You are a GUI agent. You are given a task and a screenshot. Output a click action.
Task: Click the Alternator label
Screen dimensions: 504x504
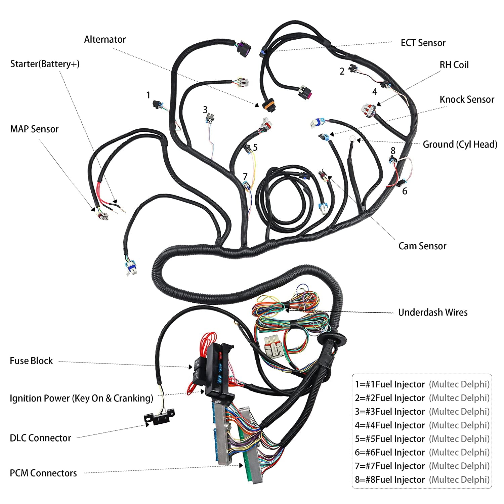tap(105, 40)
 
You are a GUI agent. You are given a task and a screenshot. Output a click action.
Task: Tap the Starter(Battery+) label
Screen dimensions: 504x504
tap(45, 64)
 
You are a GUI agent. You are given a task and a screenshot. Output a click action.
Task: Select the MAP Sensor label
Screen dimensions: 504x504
tap(34, 129)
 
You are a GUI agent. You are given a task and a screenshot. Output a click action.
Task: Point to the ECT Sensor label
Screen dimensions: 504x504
tap(423, 43)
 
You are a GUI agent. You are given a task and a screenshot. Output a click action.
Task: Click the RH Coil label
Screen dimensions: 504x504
tap(454, 65)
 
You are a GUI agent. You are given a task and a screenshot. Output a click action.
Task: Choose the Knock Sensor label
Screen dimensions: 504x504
tap(467, 99)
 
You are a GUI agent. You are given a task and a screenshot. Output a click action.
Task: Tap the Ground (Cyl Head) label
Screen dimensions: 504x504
tap(460, 144)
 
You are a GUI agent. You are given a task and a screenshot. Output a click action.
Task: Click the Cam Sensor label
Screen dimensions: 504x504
tap(422, 246)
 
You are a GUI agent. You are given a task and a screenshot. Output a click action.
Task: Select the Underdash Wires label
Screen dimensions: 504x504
tap(433, 312)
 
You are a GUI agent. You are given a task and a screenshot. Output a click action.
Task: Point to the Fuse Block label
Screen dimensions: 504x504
tap(31, 361)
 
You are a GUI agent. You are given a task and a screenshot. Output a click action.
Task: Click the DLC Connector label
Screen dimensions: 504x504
tap(40, 438)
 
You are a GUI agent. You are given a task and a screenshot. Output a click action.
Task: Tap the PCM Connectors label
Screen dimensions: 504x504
tap(43, 473)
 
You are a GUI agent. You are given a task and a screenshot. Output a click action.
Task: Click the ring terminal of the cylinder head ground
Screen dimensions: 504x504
tap(352, 138)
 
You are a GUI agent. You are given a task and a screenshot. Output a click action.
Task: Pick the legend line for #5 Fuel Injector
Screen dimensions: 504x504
tap(422, 439)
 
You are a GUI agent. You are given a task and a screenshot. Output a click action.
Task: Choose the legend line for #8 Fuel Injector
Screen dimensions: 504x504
tap(422, 480)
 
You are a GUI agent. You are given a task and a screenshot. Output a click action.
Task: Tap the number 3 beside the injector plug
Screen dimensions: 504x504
tap(205, 110)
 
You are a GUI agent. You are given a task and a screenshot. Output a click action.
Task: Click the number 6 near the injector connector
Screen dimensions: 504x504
tap(405, 191)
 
